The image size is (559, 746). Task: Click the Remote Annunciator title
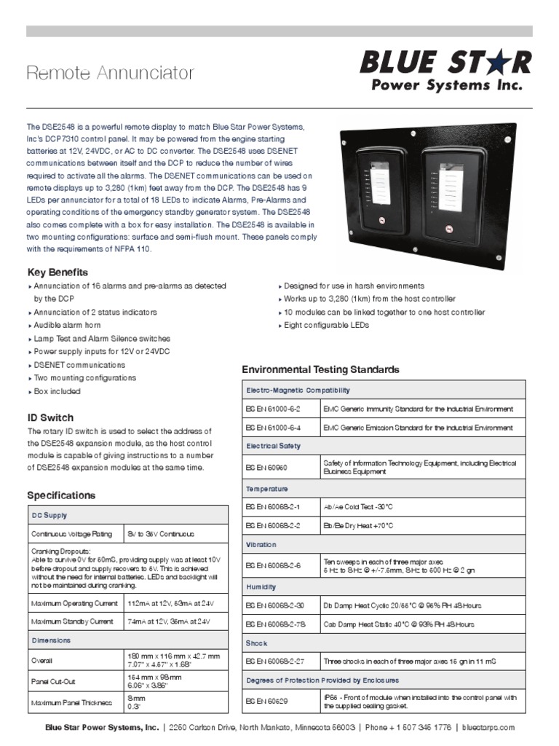coord(111,73)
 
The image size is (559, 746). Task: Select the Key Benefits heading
coord(57,272)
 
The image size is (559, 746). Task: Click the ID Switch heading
coord(50,417)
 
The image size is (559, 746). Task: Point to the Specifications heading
coord(61,495)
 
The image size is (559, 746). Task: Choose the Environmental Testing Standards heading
coord(320,369)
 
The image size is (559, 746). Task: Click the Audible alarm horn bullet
coord(67,325)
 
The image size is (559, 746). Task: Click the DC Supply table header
coord(49,515)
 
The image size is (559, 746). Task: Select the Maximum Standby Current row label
coord(72,621)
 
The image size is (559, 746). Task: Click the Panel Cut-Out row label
coord(53,681)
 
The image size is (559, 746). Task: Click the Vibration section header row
coord(261,544)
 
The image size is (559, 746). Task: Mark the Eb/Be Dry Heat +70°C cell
coord(359,525)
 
